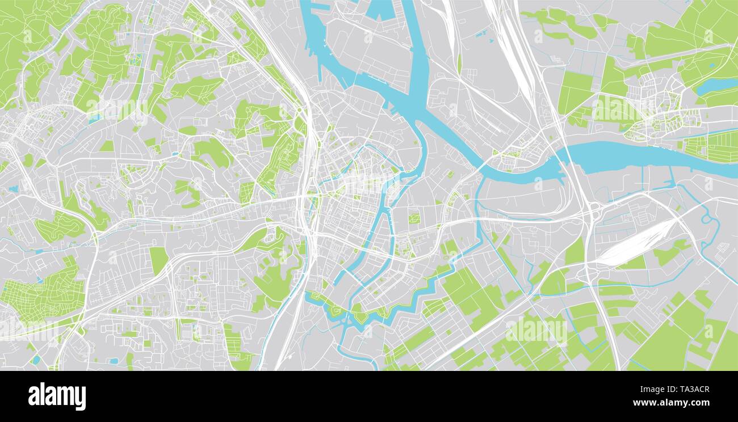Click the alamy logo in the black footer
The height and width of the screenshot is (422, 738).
pos(57,396)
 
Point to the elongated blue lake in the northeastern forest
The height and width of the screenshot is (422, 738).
pos(716,86)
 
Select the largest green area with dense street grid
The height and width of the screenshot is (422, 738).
pos(43,292)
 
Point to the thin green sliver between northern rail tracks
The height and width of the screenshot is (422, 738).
pos(459,62)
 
